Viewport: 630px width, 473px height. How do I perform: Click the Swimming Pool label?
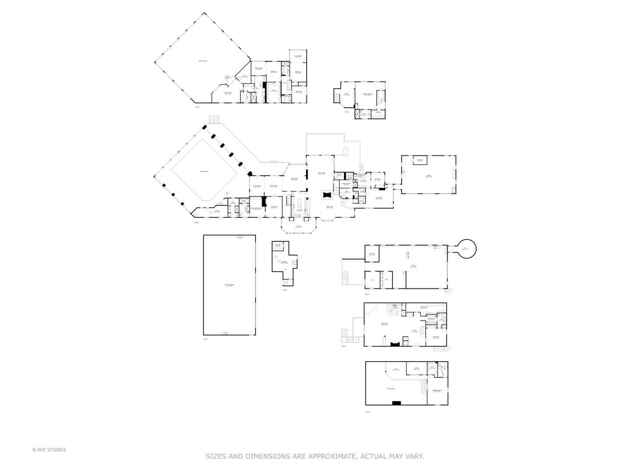[x=204, y=171]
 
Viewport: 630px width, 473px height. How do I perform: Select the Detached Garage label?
[x=229, y=285]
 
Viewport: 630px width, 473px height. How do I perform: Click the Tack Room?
[x=372, y=254]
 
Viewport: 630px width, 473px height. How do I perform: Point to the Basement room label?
[x=284, y=262]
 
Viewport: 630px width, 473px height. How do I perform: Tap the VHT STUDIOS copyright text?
[x=49, y=449]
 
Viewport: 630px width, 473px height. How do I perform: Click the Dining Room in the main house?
[x=294, y=179]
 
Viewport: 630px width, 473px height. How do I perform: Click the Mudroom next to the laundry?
[x=377, y=179]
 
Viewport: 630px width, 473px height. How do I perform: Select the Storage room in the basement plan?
[x=278, y=246]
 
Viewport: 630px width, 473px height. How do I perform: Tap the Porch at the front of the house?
[x=298, y=227]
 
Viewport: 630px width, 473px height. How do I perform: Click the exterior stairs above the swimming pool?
[x=213, y=120]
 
